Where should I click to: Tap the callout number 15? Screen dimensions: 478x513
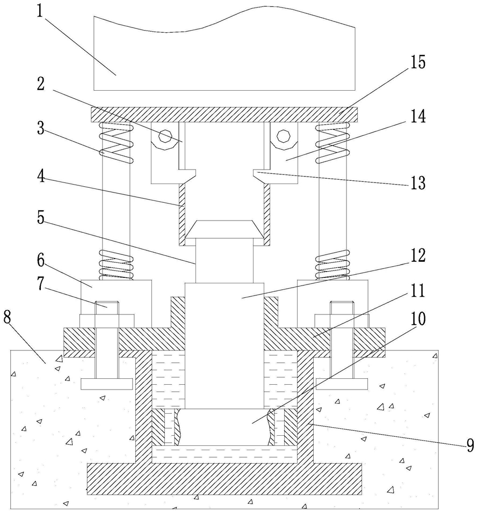coord(418,62)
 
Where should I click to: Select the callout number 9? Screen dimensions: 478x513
coord(470,445)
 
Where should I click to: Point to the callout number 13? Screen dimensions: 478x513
coord(418,182)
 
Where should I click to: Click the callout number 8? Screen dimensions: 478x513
coord(8,317)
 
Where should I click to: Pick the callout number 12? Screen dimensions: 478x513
coord(418,256)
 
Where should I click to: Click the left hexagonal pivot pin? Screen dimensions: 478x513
coord(165,136)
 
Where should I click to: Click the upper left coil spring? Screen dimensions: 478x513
coord(116,143)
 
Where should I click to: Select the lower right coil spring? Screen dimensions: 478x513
coord(332,265)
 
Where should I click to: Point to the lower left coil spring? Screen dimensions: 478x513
coord(116,265)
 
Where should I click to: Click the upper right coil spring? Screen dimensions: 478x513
coord(332,143)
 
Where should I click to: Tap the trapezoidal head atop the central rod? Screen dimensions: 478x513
coord(224,229)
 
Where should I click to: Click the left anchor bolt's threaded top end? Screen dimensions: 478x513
coord(107,307)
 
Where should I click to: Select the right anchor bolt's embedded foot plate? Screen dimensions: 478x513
coord(342,384)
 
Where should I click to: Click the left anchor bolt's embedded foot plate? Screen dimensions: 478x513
coord(107,384)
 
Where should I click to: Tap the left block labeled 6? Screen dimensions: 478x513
coord(116,304)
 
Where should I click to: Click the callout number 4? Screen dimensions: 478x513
coord(40,177)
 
